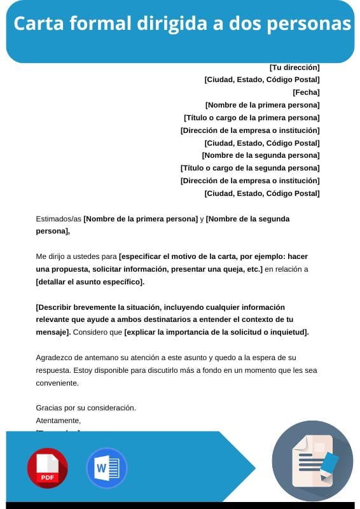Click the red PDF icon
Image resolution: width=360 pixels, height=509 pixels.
tap(47, 468)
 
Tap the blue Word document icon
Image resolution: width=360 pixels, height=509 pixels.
tap(106, 468)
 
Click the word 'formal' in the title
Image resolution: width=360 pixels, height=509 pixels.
tap(95, 24)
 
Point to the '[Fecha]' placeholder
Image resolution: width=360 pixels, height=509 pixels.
tap(306, 92)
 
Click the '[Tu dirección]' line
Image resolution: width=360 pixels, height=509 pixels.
tap(294, 67)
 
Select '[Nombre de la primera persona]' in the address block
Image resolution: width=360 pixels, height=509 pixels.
tap(262, 105)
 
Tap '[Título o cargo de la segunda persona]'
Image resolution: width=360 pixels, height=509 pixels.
tap(250, 168)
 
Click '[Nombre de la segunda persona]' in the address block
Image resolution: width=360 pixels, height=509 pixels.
tap(261, 155)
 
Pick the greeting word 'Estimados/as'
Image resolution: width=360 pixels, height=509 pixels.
tap(59, 219)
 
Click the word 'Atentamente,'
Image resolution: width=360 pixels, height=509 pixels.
tap(59, 421)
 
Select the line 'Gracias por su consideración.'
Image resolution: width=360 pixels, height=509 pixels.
tap(86, 408)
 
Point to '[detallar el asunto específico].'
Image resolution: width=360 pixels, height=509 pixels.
tap(90, 282)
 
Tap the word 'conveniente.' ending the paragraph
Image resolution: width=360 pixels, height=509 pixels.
tap(57, 383)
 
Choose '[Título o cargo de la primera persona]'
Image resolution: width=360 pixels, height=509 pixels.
tap(251, 118)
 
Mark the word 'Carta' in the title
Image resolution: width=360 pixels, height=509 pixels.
tap(36, 24)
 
